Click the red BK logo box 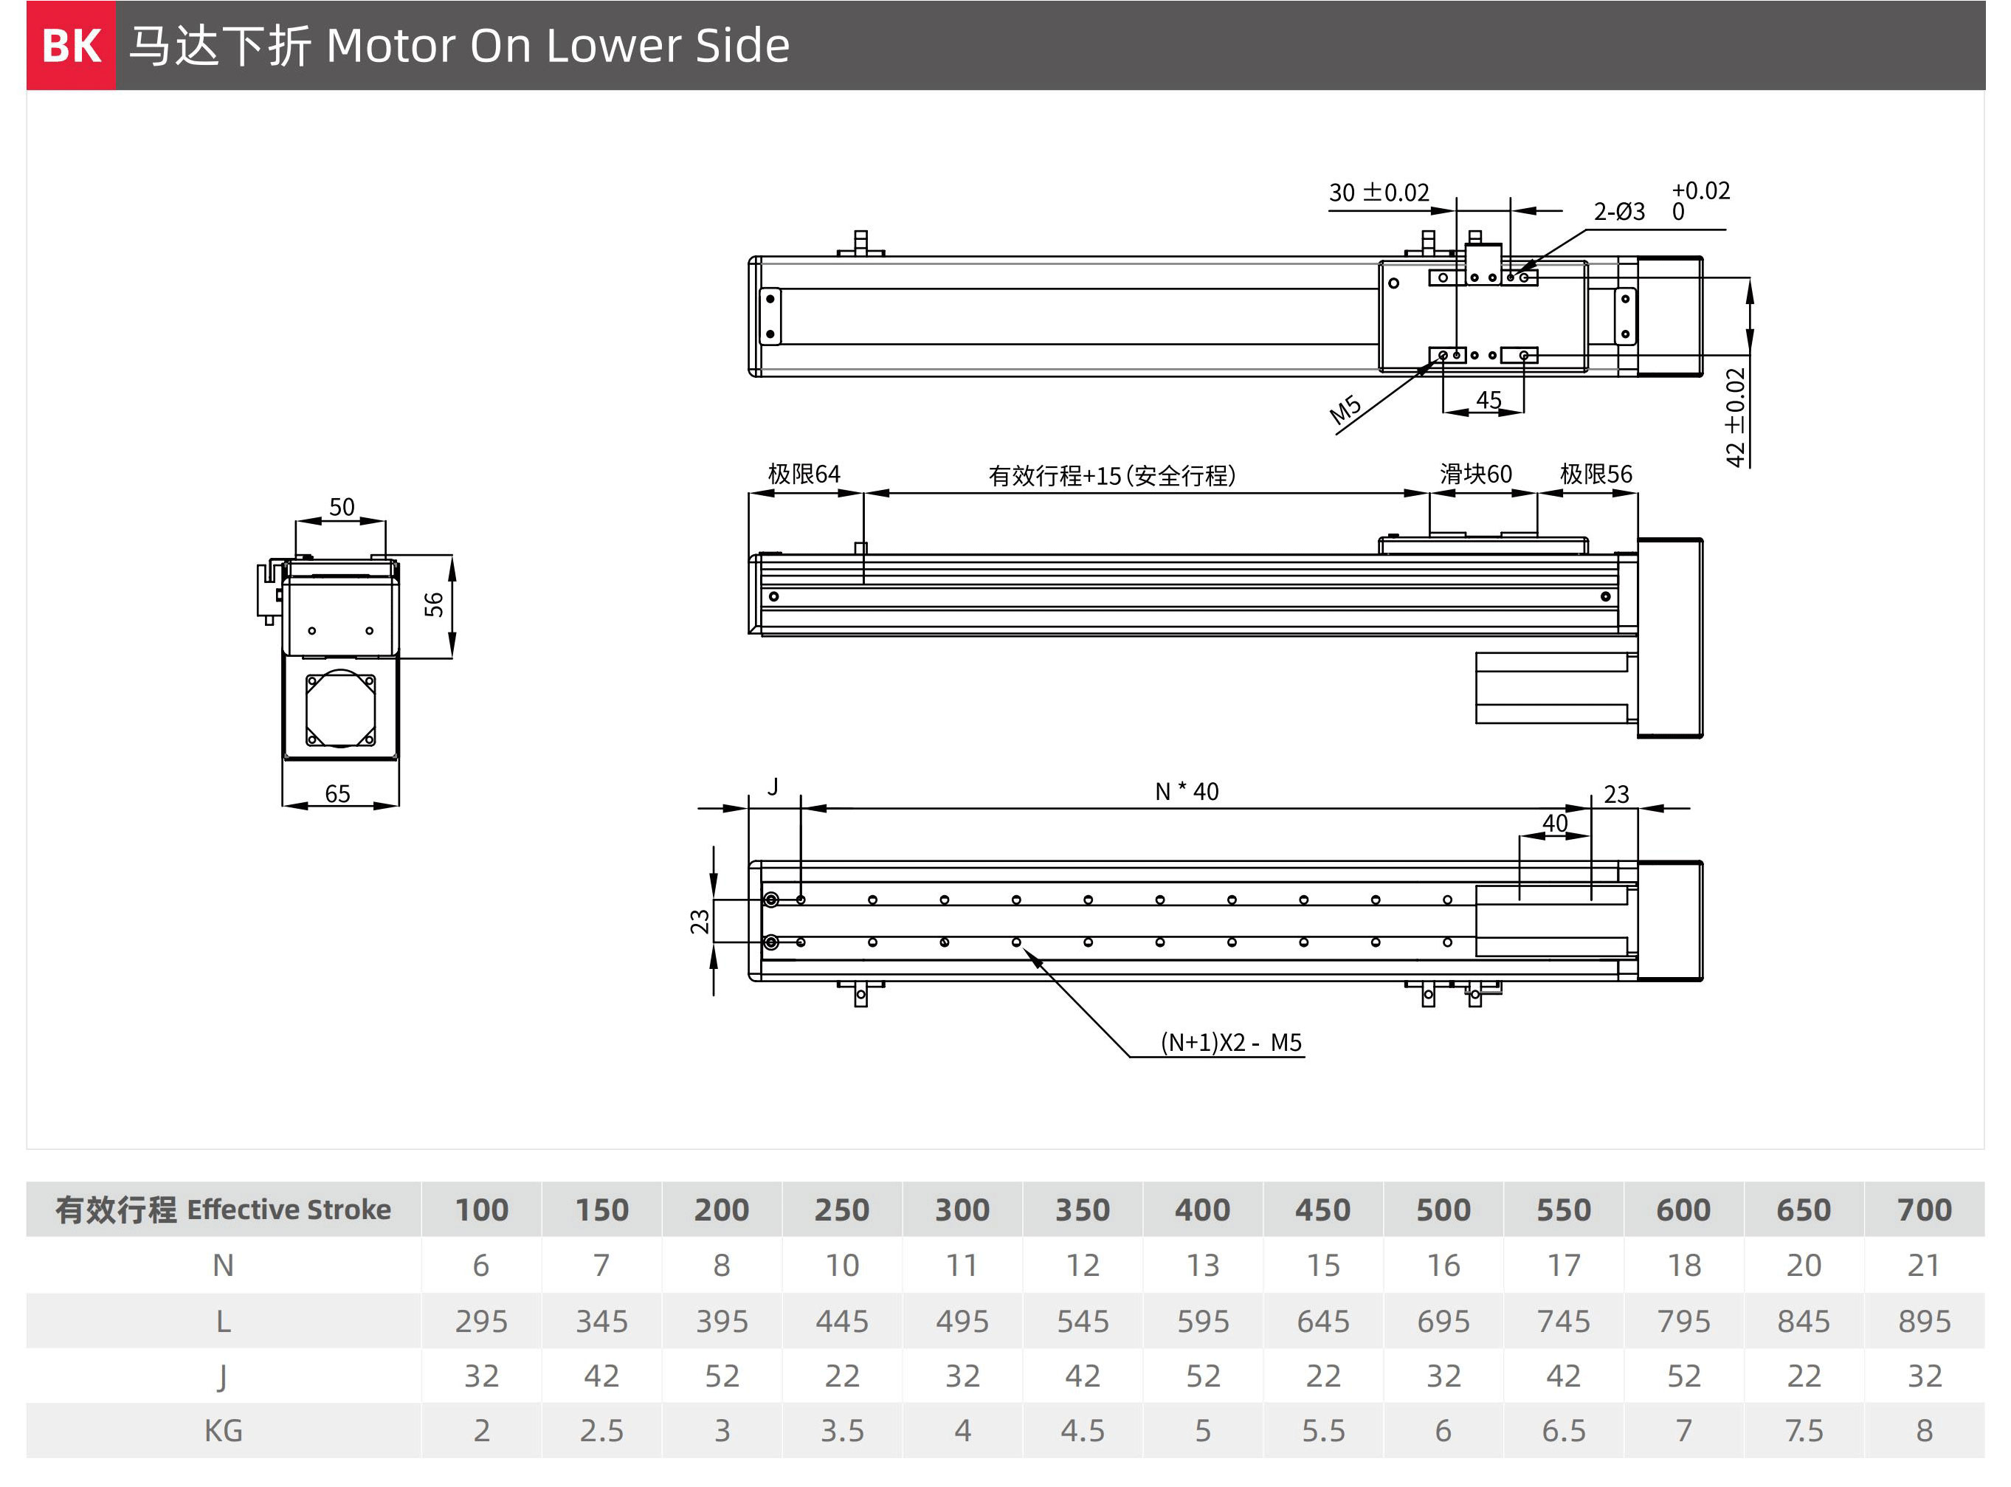(71, 45)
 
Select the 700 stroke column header (1924, 1209)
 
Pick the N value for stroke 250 (841, 1265)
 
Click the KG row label (224, 1430)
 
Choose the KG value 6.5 (1564, 1430)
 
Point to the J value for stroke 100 (482, 1376)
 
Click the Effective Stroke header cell (224, 1209)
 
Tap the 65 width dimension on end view (337, 793)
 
